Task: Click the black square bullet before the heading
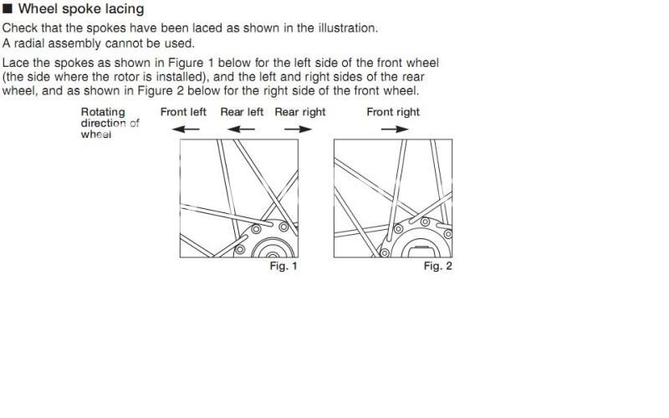[x=8, y=9]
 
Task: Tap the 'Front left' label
[x=183, y=112]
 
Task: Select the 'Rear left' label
[x=242, y=112]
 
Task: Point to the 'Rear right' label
[x=300, y=112]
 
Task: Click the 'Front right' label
[x=393, y=112]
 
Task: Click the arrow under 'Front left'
[x=186, y=130]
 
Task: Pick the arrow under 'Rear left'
[x=242, y=130]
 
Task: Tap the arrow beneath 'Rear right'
[x=297, y=130]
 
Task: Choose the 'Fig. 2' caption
[x=437, y=266]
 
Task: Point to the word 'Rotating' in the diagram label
[x=103, y=112]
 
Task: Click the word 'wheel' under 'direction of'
[x=95, y=134]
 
